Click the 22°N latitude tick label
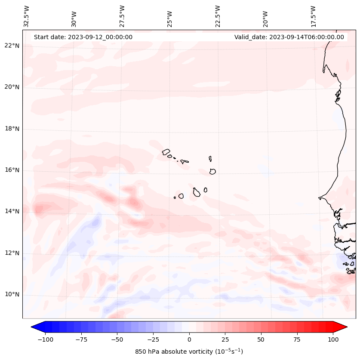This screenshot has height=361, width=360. pos(12,46)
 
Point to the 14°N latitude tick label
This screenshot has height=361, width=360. pos(12,211)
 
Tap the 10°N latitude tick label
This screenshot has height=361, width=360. pos(12,295)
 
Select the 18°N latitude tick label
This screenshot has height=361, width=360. pos(12,129)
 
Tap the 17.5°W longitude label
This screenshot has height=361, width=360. pos(313,15)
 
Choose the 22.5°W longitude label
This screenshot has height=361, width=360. pos(218,15)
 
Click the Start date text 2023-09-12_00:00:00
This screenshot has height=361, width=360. pos(83,37)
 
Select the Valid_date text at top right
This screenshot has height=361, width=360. pos(289,37)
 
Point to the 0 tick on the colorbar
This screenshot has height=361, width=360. pos(189,339)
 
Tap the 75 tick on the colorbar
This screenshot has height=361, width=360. pos(297,339)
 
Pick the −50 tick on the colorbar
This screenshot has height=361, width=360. pos(117,339)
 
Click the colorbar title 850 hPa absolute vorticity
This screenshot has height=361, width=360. pos(189,352)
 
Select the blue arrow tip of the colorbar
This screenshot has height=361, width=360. pos(34,327)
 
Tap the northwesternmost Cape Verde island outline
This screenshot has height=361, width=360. pos(166,152)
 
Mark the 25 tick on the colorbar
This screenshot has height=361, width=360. pos(225,339)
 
